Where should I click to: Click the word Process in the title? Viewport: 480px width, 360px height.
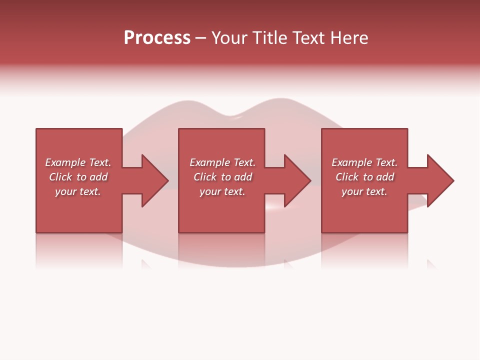[157, 38]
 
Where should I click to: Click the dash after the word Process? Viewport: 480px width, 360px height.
[200, 38]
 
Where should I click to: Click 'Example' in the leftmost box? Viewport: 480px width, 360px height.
[65, 162]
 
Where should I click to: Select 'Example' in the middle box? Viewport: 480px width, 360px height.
[209, 162]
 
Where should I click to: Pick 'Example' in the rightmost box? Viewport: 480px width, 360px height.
[351, 162]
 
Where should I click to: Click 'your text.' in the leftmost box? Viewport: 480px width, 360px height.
[78, 191]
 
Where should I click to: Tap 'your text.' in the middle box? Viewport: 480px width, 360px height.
[222, 191]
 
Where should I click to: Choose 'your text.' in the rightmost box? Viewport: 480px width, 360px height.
[364, 191]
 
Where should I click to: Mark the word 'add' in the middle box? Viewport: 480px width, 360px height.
[243, 177]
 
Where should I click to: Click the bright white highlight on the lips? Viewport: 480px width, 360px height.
[274, 206]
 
